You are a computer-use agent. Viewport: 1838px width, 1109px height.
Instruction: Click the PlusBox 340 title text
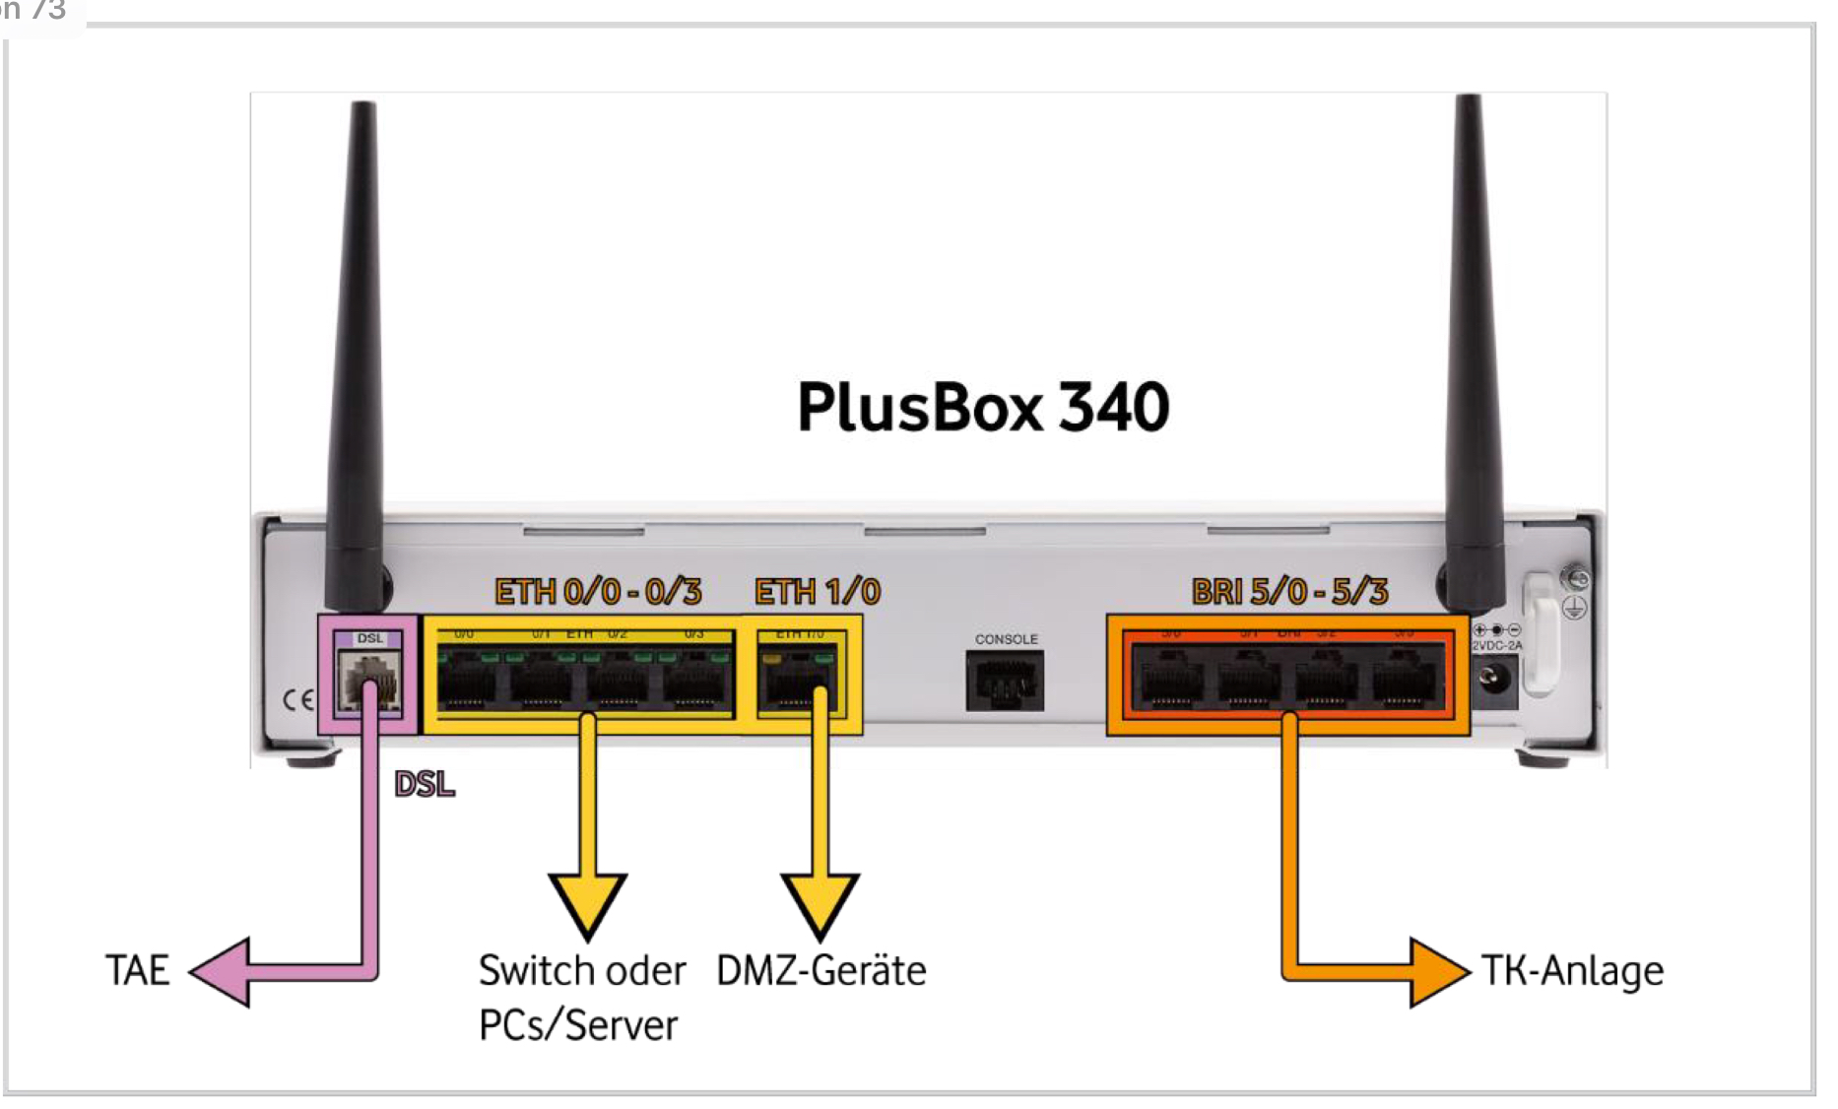[983, 407]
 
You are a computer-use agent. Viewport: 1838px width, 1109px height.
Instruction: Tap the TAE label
[138, 970]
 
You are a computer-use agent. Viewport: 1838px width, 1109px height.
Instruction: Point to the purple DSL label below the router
[425, 784]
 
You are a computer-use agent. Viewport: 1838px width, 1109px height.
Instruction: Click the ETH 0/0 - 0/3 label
[598, 592]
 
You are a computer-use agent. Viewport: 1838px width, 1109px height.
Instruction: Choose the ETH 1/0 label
[818, 592]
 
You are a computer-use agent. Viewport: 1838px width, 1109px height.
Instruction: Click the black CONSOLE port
[1005, 681]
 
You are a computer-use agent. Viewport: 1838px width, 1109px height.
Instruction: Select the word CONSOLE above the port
[1007, 639]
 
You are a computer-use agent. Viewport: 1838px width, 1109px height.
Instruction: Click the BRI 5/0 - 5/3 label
[1289, 592]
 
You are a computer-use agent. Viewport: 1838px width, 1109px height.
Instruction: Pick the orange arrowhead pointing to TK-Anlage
[1438, 972]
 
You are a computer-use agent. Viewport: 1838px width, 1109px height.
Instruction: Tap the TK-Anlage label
[1573, 971]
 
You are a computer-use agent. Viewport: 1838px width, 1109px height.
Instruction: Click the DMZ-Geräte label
[821, 971]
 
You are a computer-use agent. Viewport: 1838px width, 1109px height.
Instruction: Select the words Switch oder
[582, 971]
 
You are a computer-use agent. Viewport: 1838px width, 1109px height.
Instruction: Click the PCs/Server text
[578, 1025]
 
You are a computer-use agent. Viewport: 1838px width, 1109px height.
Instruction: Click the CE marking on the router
[297, 699]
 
